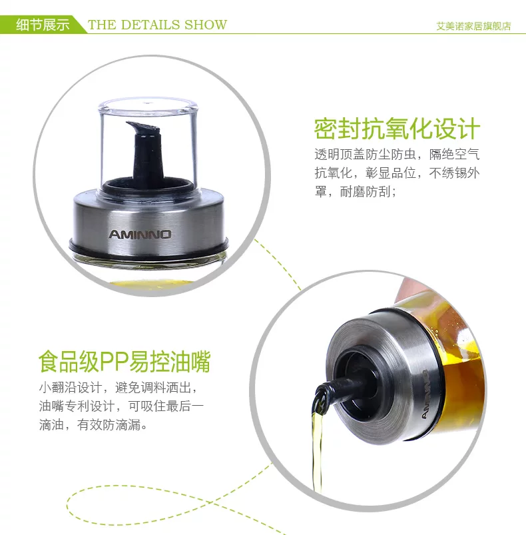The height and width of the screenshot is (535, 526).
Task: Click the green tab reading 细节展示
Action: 43,25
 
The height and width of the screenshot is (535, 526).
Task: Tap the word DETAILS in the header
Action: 150,25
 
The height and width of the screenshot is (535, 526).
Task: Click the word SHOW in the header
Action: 206,25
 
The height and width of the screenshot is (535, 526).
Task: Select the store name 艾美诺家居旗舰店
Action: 474,26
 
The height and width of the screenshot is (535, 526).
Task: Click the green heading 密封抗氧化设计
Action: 397,129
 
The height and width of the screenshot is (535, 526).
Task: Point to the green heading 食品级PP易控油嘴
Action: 125,362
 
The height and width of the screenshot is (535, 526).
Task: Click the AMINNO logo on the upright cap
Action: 140,235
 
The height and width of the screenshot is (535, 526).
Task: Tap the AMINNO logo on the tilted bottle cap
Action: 425,394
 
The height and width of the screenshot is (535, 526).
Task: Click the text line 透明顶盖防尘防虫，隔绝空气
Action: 397,155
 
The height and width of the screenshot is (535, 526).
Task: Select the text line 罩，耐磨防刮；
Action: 355,191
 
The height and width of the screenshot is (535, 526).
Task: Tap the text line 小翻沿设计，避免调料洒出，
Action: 118,388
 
